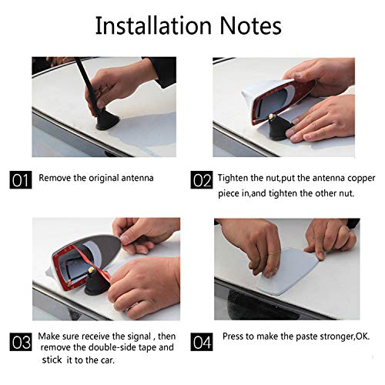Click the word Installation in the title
[x=153, y=25]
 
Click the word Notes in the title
[x=251, y=25]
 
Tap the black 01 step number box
[x=21, y=179]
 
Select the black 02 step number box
[x=202, y=179]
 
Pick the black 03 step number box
[x=21, y=342]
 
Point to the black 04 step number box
[x=202, y=342]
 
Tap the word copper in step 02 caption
[x=361, y=179]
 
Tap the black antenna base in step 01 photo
[x=107, y=121]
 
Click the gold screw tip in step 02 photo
[x=271, y=116]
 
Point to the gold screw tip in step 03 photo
[x=91, y=270]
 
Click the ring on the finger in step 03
[x=132, y=307]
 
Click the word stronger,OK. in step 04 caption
[x=345, y=336]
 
